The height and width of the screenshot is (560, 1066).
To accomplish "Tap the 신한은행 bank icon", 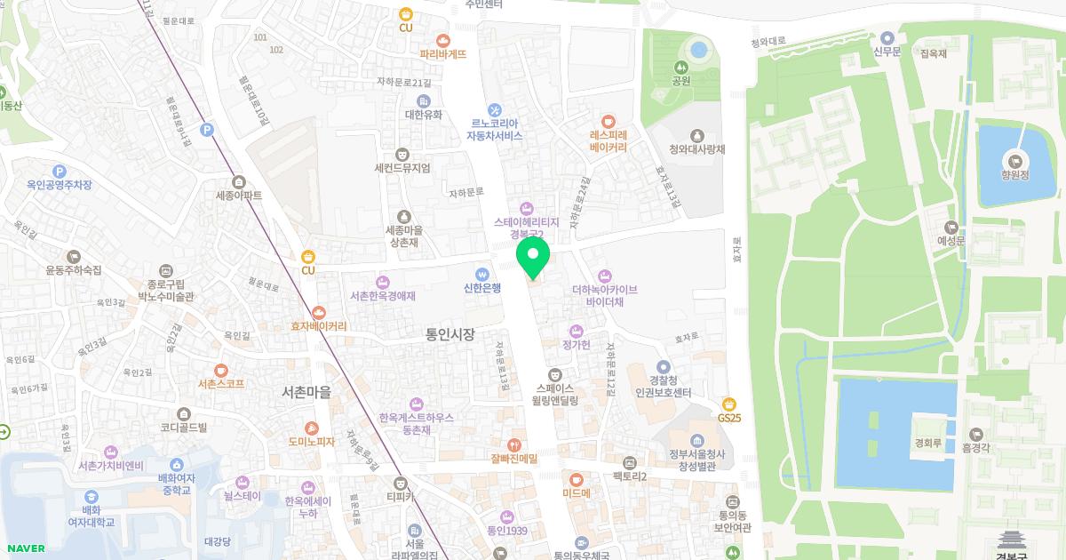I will [482, 274].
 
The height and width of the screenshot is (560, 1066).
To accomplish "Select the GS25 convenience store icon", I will [729, 404].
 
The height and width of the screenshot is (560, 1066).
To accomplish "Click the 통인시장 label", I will [450, 334].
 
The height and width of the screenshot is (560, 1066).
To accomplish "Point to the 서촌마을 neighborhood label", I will [306, 392].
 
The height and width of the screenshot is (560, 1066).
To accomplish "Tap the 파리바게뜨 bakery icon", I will [442, 40].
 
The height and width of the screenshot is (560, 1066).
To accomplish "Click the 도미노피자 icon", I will [311, 428].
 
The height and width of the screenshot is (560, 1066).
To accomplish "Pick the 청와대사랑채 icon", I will [696, 135].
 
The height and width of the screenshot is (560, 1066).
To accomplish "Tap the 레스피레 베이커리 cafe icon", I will [608, 121].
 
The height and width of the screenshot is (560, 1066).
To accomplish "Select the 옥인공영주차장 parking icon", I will [60, 171].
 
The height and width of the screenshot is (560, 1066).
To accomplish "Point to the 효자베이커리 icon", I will [319, 312].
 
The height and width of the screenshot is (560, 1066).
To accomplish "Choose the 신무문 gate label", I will [887, 37].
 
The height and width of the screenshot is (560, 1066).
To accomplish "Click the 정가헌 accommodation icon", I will [576, 331].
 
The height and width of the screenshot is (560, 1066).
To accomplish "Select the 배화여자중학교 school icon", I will [176, 464].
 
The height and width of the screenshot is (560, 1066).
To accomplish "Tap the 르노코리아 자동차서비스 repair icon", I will [495, 109].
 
